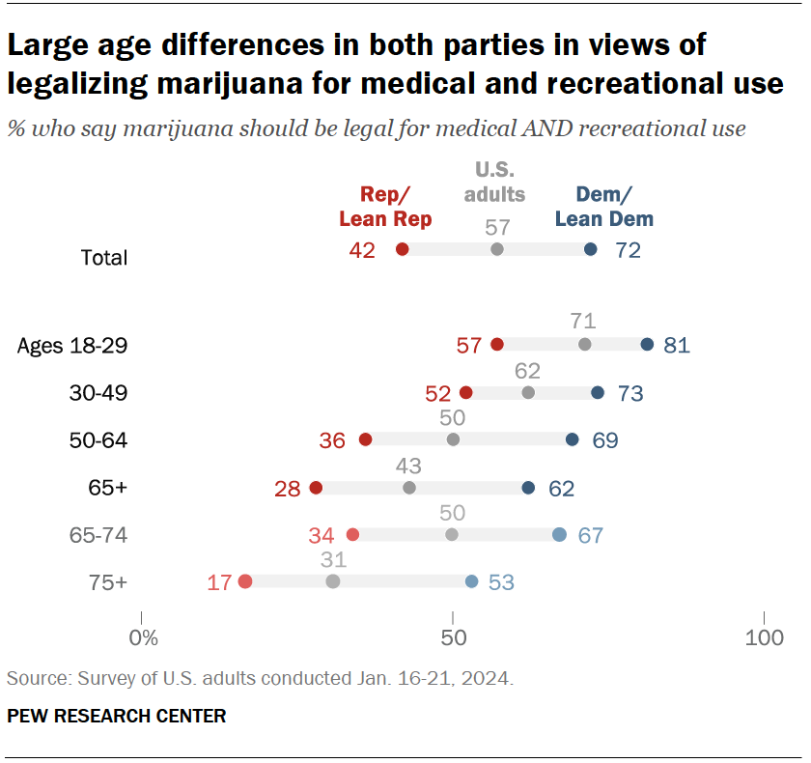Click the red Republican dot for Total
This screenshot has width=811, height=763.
click(x=403, y=249)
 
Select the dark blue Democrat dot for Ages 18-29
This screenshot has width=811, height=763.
click(x=647, y=345)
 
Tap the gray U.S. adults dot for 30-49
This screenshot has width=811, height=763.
click(x=528, y=393)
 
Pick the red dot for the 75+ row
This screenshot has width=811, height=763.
click(x=245, y=581)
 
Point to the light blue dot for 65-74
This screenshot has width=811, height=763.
click(x=559, y=535)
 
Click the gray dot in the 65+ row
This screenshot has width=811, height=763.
click(x=409, y=488)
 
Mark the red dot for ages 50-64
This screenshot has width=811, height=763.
click(x=365, y=439)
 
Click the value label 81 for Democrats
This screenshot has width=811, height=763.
click(x=677, y=346)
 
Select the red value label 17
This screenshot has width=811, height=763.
click(x=219, y=582)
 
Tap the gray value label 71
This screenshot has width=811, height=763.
click(x=583, y=322)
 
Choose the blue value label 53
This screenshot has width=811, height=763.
click(x=502, y=582)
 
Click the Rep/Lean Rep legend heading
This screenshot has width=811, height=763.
click(x=385, y=206)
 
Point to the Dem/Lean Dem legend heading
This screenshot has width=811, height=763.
click(x=604, y=206)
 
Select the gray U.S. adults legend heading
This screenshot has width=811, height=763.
click(x=494, y=182)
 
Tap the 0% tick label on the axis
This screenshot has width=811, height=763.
click(x=142, y=638)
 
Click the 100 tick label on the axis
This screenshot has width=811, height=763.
click(x=765, y=638)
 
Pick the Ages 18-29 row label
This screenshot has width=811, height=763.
click(x=72, y=346)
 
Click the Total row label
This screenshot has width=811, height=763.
click(x=104, y=258)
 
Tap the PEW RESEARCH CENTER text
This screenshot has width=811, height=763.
click(x=117, y=716)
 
